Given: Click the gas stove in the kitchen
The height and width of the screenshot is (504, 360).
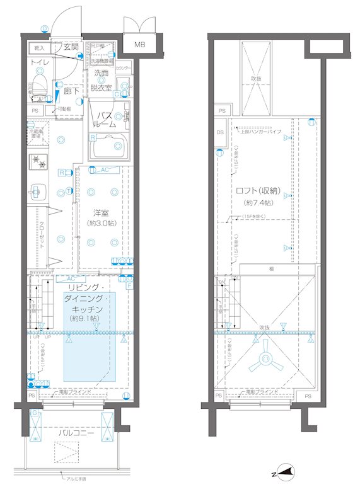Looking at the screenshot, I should point(38,161).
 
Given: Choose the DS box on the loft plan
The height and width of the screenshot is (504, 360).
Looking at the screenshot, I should point(220,133).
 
